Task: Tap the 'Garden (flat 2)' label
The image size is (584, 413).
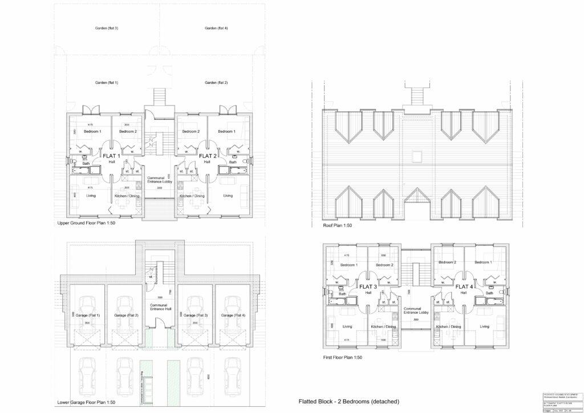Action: coord(216,83)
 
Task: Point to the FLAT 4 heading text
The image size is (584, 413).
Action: coord(463,286)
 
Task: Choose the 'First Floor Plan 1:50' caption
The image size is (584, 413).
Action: coord(342,358)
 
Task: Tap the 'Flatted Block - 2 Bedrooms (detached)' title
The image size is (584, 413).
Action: coord(348,402)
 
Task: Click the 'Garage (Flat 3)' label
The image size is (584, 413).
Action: coord(196,315)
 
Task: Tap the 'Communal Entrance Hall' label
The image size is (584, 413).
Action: coord(159,307)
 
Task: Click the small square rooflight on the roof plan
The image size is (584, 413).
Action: coord(417,156)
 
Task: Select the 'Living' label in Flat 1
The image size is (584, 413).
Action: coord(91,196)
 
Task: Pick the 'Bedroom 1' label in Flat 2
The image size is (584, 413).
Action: coord(226,132)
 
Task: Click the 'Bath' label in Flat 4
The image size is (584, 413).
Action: coord(489,293)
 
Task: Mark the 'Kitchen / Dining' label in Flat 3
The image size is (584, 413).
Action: coord(383,327)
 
